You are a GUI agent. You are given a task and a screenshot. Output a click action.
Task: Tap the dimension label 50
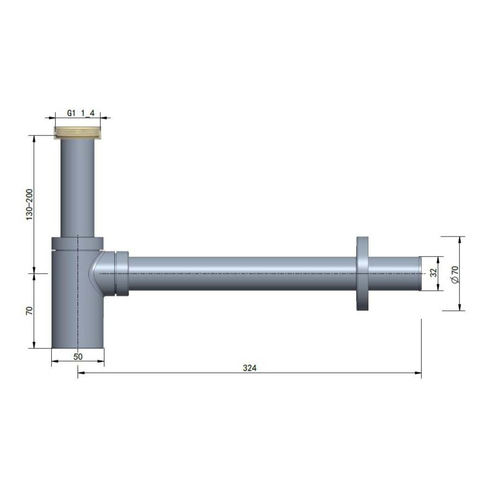point(78,357)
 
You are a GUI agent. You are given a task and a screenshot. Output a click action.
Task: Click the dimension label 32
point(434,273)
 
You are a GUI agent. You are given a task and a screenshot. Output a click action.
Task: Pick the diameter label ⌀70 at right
point(455,274)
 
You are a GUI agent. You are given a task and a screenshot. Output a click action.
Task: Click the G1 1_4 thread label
point(81,113)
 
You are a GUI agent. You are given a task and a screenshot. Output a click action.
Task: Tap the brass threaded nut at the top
point(78,132)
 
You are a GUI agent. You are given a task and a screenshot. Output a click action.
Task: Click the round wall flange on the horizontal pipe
point(362,273)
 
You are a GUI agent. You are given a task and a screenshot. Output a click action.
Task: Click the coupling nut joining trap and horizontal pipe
point(122,273)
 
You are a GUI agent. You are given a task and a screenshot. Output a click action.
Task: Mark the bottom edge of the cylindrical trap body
point(78,348)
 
